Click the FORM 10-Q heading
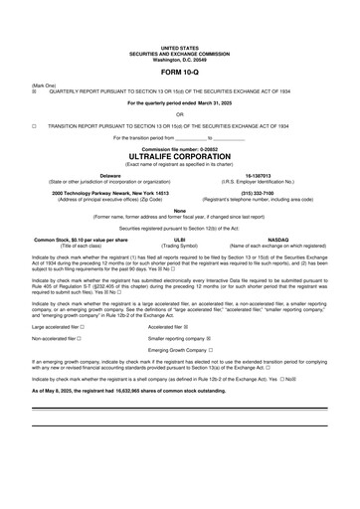(180, 74)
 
